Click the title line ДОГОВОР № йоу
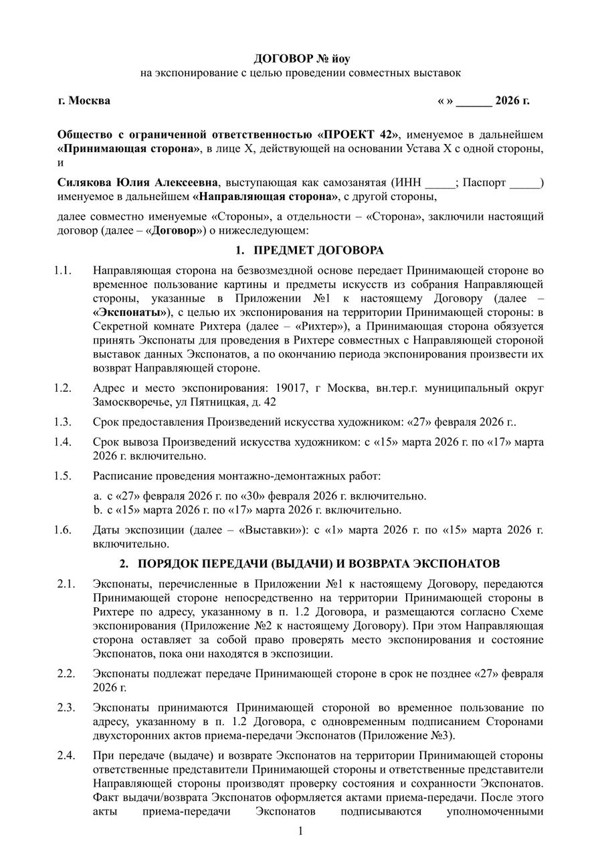coord(300,60)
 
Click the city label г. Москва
coord(84,101)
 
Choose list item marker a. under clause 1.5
coord(98,496)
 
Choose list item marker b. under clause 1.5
coord(98,510)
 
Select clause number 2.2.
coord(66,673)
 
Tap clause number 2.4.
coord(66,756)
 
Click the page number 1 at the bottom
coord(300,832)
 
